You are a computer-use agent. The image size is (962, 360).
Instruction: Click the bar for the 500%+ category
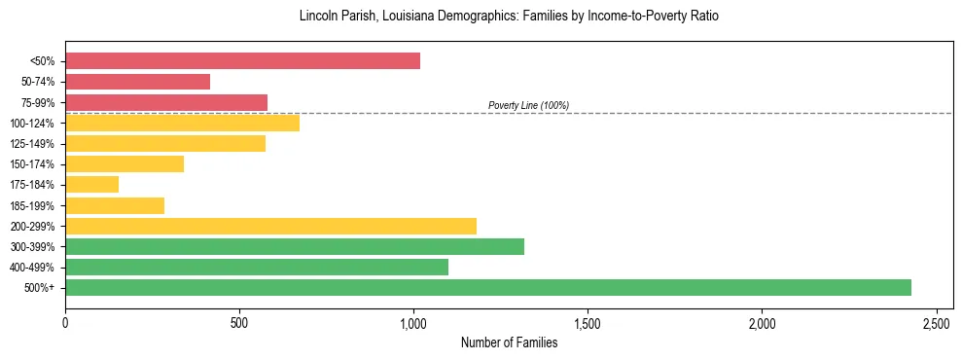point(487,287)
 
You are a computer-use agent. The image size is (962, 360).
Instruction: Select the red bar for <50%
point(242,61)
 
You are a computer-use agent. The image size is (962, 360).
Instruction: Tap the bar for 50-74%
point(137,82)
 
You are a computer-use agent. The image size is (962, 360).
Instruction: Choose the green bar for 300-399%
point(294,246)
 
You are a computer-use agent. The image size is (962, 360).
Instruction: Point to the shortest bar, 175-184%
point(91,185)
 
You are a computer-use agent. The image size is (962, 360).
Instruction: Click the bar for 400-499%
point(256,267)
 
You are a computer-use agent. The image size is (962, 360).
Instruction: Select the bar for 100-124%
point(182,123)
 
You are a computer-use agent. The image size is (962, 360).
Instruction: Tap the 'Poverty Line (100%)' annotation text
point(528,105)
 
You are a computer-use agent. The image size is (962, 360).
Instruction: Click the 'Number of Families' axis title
point(509,342)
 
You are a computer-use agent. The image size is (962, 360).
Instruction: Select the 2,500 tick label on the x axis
point(936,322)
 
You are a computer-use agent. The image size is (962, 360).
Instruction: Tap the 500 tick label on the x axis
point(239,322)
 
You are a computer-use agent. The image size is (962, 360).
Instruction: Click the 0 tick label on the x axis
point(65,322)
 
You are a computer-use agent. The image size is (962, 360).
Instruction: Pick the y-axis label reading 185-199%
point(33,205)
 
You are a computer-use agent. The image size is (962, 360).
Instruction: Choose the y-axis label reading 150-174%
point(33,164)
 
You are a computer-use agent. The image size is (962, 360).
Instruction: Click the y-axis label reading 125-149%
point(33,144)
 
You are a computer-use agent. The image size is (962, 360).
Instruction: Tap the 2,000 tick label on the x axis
point(762,322)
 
